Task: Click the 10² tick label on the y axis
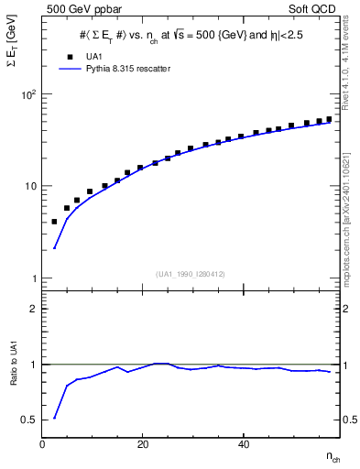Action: click(x=27, y=94)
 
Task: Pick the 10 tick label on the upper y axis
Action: click(x=29, y=186)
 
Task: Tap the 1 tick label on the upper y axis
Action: click(x=33, y=278)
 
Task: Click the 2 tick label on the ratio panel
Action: click(x=33, y=310)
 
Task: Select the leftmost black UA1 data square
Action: click(x=54, y=222)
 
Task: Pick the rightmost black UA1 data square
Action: click(x=329, y=119)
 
